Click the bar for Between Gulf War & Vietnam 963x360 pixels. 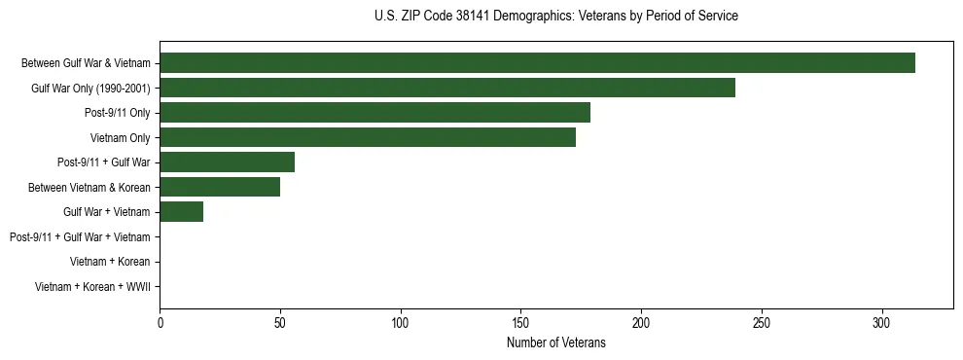(537, 63)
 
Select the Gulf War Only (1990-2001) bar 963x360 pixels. (447, 88)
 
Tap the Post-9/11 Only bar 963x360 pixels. (374, 113)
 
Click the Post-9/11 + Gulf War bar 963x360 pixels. (227, 162)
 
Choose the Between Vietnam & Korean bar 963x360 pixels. (220, 187)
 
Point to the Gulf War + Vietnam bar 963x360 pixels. (181, 212)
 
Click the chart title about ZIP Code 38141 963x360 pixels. (556, 17)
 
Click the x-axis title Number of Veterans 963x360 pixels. (556, 342)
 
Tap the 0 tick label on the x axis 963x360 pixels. (160, 322)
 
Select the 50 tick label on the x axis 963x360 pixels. (280, 322)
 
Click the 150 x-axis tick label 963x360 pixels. (520, 322)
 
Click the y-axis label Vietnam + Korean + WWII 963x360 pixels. (92, 287)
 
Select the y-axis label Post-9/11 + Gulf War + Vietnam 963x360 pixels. (80, 237)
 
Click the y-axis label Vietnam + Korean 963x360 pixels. (110, 262)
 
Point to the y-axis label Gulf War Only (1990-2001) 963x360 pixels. (90, 89)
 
